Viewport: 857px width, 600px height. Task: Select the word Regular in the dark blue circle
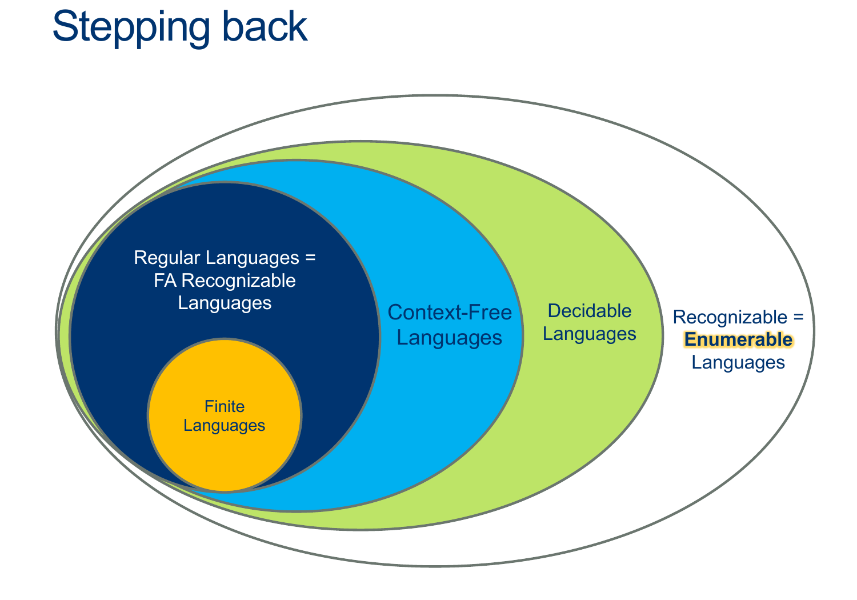167,258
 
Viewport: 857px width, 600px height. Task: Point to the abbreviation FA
164,281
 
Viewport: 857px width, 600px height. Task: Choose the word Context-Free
450,313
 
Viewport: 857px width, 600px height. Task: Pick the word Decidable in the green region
589,311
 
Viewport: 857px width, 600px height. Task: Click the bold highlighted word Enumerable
738,339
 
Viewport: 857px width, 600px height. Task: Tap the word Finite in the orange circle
225,406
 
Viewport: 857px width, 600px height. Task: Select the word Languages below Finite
225,426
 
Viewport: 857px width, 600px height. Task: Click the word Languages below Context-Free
450,338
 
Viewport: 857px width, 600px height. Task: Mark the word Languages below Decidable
589,334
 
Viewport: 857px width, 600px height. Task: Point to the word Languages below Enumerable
738,362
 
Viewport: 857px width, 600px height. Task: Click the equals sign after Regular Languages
310,258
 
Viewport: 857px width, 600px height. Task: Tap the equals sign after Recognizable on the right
798,317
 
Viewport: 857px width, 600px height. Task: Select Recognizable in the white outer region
730,317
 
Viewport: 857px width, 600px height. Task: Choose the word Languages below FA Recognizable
225,302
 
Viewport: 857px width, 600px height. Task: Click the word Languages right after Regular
253,258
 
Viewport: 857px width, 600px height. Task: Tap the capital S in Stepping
64,27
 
